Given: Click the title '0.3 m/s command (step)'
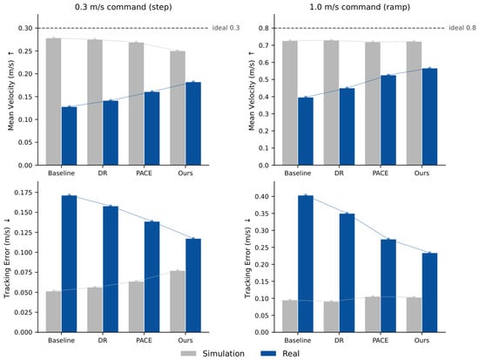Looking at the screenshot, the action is point(123,7).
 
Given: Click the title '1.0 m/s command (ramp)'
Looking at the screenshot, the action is point(360,7).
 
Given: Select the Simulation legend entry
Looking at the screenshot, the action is point(213,354).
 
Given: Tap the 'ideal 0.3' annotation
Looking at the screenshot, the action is point(226,28).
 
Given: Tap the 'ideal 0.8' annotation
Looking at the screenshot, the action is point(462,28).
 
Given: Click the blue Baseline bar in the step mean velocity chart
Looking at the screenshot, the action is point(70,136).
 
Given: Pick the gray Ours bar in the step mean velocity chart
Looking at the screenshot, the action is point(178,108).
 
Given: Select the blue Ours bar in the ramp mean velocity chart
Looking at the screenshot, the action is point(429,117).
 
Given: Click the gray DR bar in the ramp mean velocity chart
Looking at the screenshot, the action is point(332,103).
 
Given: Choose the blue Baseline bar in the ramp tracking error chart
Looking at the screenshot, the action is point(306,263).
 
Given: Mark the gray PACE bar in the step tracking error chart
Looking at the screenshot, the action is point(136,307).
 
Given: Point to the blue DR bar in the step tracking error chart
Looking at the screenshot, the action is point(111,269).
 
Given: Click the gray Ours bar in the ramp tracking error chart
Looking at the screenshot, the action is point(414,315).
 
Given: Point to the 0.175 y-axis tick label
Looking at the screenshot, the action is point(24,193).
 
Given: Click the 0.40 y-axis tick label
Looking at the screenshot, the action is point(262,196).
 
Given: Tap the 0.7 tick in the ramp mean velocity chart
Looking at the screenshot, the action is point(264,45).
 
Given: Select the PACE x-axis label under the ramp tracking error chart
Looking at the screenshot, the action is point(381,341).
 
